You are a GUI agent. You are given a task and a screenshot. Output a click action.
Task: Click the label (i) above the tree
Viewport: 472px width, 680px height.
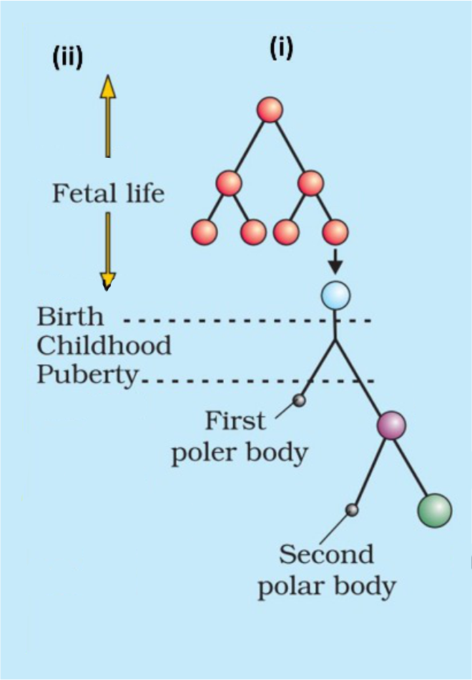click(x=280, y=48)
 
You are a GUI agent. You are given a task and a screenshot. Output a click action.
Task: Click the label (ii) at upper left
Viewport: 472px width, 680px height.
click(x=68, y=58)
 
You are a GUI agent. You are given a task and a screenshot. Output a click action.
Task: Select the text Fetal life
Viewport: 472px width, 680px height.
click(x=108, y=193)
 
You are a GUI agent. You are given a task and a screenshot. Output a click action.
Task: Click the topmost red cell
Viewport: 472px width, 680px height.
click(x=270, y=110)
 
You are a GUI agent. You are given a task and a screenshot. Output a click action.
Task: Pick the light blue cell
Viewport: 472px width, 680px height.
click(x=335, y=296)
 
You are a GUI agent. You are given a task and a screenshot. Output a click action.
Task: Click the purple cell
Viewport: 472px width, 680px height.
click(x=391, y=426)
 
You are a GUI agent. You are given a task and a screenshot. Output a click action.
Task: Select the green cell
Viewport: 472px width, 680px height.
click(x=435, y=511)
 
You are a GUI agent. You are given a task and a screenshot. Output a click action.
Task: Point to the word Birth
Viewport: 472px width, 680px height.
click(x=70, y=316)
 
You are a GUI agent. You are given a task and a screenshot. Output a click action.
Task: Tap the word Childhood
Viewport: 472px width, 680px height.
click(x=104, y=346)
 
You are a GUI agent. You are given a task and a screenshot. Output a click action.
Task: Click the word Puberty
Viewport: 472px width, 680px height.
click(x=87, y=376)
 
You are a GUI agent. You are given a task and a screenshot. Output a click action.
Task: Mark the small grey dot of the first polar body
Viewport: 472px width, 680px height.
click(x=300, y=400)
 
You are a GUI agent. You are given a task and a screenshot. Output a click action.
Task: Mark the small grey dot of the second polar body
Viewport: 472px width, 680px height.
click(x=352, y=509)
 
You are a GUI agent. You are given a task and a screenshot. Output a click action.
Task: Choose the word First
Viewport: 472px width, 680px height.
click(x=235, y=421)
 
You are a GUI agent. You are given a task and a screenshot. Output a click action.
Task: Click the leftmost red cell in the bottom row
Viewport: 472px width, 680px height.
click(x=205, y=231)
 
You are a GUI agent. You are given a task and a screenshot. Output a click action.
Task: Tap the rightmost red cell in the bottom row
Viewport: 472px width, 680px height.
click(x=335, y=231)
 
